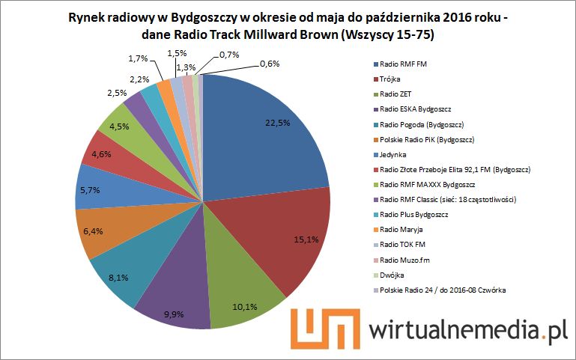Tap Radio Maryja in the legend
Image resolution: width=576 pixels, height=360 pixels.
401,229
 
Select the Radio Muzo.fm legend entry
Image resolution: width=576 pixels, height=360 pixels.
404,260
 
